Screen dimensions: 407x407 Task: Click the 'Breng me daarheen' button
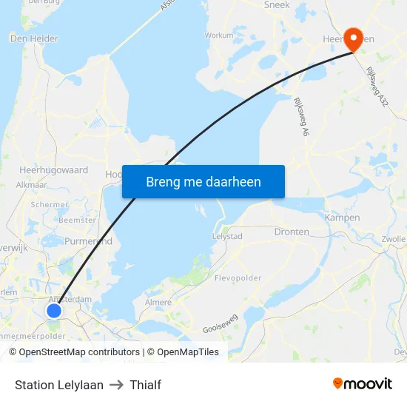(203, 181)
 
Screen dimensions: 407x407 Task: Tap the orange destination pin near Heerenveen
(354, 39)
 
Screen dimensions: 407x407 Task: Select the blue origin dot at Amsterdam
(54, 311)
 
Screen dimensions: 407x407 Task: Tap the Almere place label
(158, 302)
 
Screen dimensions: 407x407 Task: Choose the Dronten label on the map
(292, 232)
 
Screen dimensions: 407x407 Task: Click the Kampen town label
(342, 218)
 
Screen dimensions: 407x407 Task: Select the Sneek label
(277, 4)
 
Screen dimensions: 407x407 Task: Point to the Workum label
(219, 35)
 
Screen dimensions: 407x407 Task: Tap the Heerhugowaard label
(53, 170)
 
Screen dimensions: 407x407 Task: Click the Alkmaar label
(31, 185)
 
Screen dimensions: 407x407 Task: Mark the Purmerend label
(89, 241)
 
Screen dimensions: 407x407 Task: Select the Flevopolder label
(238, 278)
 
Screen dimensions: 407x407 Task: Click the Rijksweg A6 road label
(301, 117)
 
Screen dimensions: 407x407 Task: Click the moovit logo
(362, 384)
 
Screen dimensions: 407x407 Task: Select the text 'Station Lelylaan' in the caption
(59, 385)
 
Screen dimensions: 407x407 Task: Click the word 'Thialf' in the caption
(145, 385)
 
